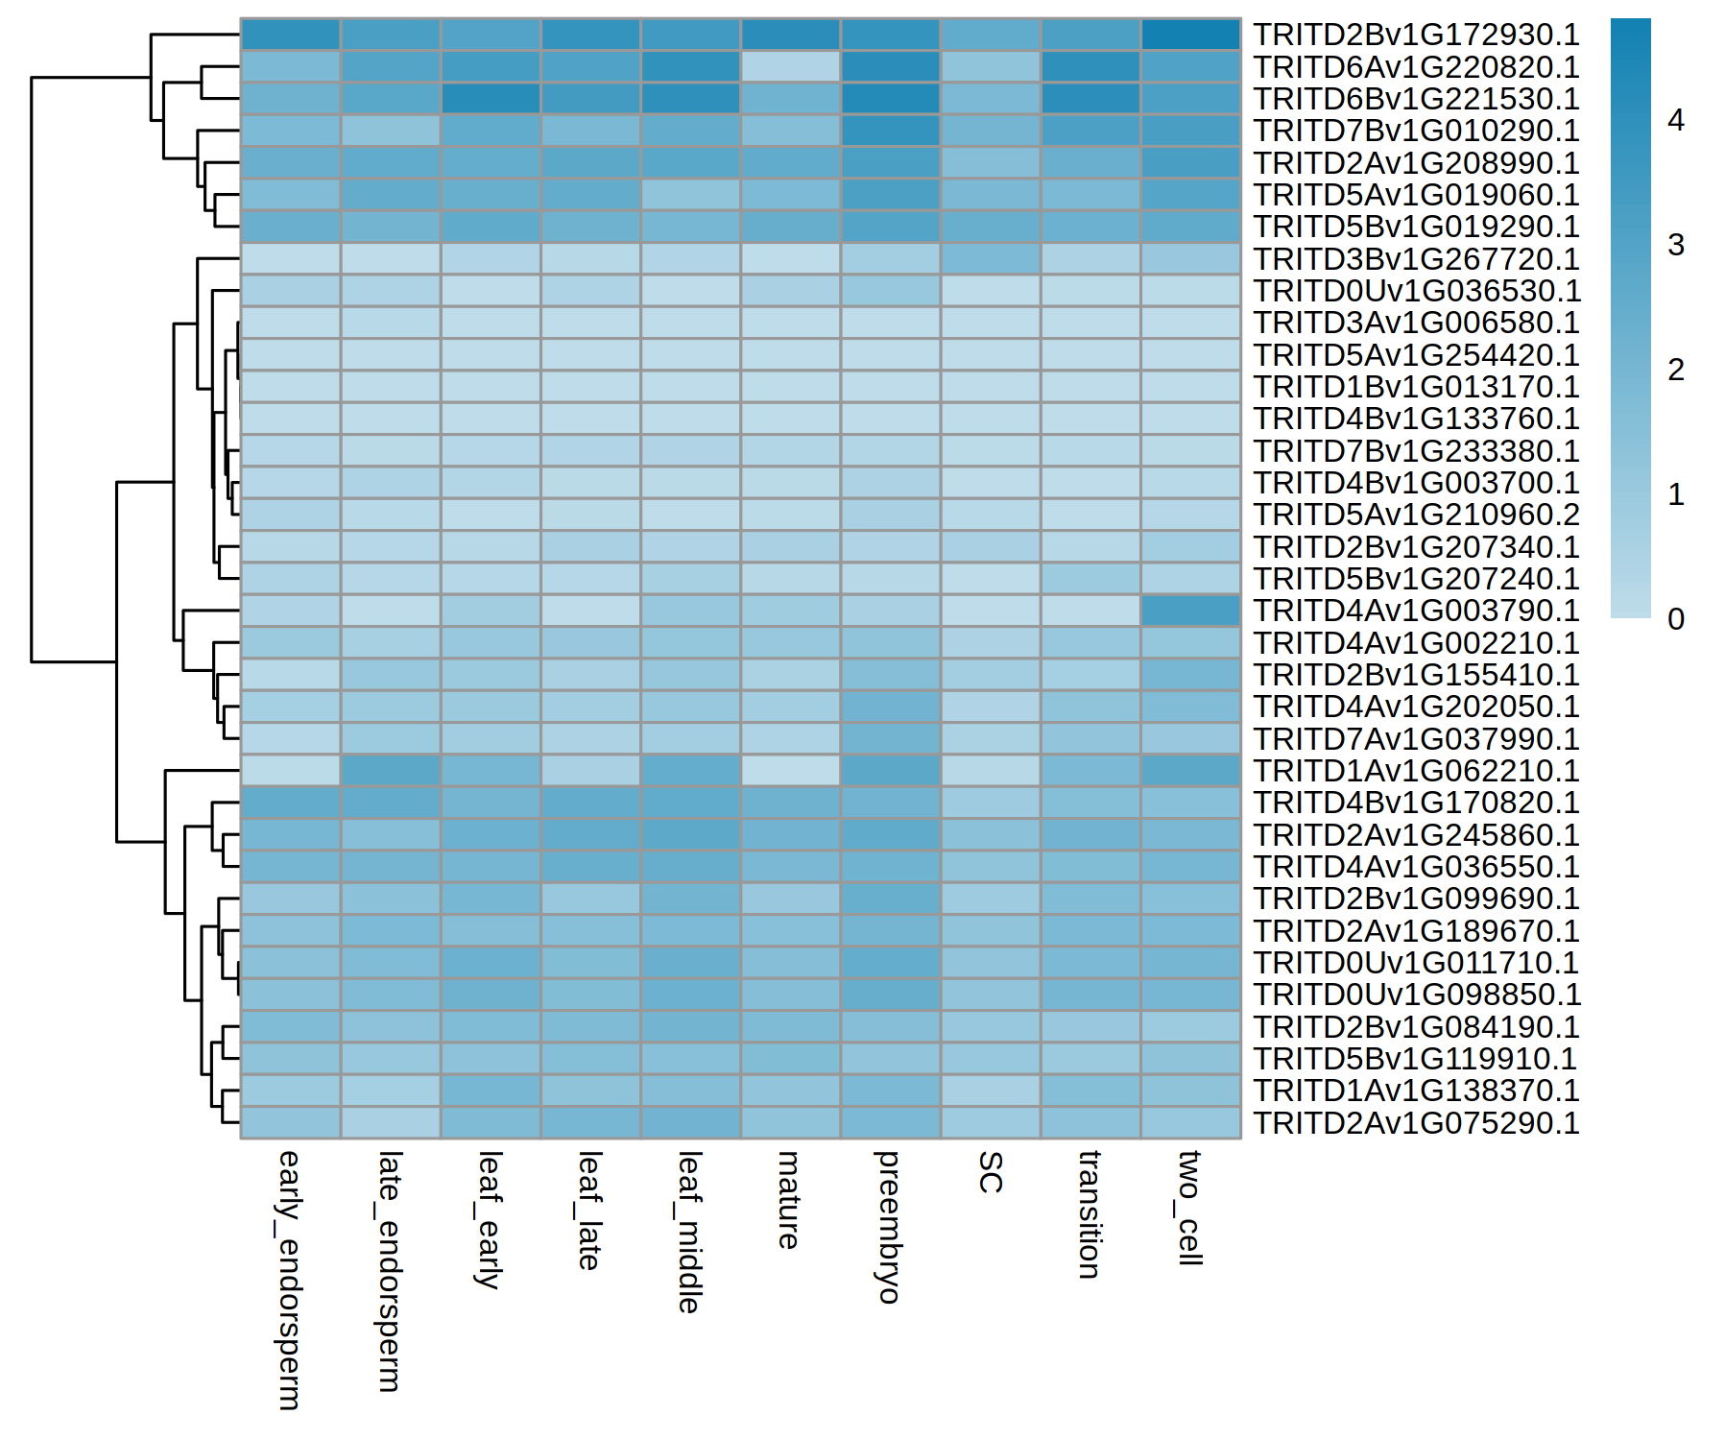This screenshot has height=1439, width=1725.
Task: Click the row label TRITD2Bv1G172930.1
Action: tap(1416, 36)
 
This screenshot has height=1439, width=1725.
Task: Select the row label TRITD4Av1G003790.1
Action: tap(1416, 612)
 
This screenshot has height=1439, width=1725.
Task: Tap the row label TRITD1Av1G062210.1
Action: tap(1416, 771)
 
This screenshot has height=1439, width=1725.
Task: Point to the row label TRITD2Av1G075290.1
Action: tap(1416, 1123)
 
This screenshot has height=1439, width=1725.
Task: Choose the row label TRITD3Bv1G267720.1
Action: tap(1416, 259)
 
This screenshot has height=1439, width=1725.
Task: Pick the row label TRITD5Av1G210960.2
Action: tap(1416, 516)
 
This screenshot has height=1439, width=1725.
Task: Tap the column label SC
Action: tap(990, 1172)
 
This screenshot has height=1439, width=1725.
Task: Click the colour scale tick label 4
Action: tap(1676, 121)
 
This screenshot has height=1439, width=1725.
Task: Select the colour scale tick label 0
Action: tap(1676, 619)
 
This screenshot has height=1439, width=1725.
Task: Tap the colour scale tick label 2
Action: tap(1676, 370)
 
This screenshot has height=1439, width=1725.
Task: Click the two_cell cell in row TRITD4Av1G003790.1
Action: tap(1190, 612)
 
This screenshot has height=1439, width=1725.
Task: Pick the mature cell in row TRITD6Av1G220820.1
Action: tap(790, 67)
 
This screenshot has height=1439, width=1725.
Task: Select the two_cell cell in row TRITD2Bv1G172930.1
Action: tap(1190, 36)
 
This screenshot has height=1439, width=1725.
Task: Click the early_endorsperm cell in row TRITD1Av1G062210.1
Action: tap(290, 771)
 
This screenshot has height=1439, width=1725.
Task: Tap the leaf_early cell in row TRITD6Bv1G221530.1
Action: tap(491, 99)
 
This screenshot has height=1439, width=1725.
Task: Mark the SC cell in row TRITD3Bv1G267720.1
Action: tap(991, 259)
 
